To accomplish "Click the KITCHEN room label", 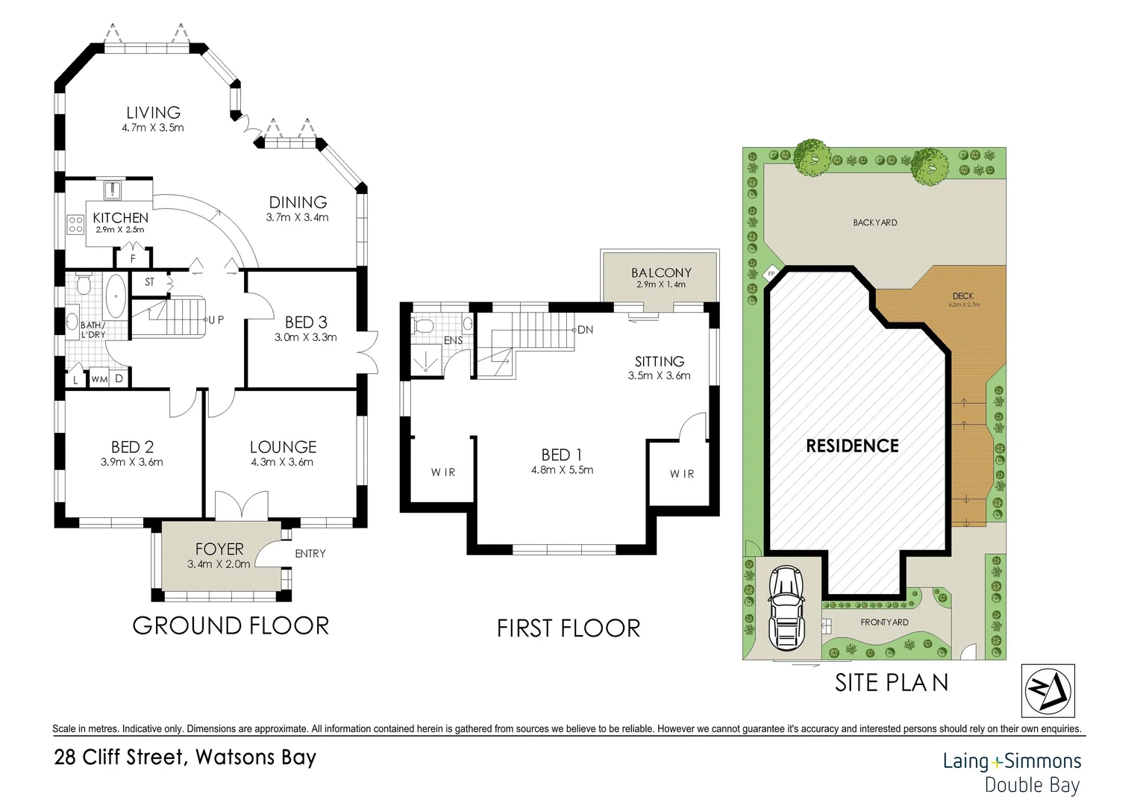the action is (x=121, y=218).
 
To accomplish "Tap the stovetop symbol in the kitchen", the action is (x=75, y=224).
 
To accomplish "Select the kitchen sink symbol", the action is (x=112, y=190).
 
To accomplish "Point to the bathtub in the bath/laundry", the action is (x=116, y=296).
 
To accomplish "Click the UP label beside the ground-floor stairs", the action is (x=216, y=319).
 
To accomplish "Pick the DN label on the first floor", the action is (x=585, y=330).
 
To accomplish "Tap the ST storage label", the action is (x=150, y=282).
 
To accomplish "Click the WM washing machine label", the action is (x=100, y=379).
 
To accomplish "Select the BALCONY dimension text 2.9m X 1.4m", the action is (x=660, y=284).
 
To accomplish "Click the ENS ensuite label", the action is (x=454, y=340).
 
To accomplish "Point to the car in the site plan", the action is (x=786, y=608).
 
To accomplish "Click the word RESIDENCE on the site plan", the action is (x=853, y=446).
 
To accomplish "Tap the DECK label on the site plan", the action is (x=963, y=296).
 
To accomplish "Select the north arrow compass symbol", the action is (x=1048, y=691).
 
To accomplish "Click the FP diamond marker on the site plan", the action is (x=771, y=274).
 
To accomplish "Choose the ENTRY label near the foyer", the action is (x=310, y=554).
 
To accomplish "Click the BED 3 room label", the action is (x=306, y=322).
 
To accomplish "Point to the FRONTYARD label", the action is (x=885, y=622).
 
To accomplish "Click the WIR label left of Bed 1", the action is (x=442, y=472).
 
